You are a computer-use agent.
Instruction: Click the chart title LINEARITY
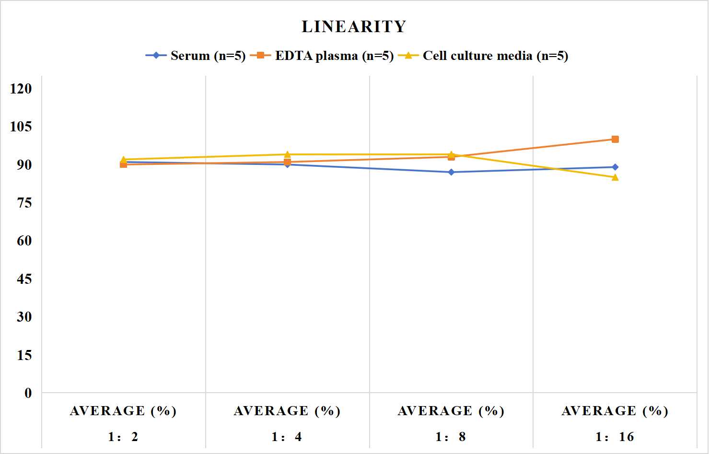pos(354,26)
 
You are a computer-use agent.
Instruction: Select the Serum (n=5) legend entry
pos(196,56)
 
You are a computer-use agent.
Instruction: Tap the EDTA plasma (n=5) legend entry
pos(322,56)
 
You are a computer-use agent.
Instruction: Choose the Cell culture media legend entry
pos(483,56)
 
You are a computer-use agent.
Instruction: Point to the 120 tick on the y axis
pos(21,88)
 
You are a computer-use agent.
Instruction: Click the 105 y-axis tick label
pos(21,126)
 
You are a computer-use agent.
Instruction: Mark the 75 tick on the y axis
pos(24,203)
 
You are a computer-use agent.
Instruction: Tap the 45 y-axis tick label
pos(24,279)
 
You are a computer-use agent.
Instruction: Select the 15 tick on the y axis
pos(24,355)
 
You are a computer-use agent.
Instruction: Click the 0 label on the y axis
pos(28,393)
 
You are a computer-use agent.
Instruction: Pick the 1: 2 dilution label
pos(123,437)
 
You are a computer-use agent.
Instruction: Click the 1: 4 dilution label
pos(287,437)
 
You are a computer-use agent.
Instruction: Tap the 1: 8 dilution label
pos(451,437)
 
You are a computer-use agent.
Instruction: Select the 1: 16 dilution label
pos(615,437)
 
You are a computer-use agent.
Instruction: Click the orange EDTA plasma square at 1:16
pos(615,140)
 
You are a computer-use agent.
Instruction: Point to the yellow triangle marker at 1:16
pos(615,177)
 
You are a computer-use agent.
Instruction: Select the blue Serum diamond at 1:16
pos(615,167)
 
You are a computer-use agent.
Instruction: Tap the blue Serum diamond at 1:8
pos(451,172)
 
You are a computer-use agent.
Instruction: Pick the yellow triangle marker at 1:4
pos(287,154)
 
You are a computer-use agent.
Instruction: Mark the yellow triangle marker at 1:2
pos(124,160)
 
